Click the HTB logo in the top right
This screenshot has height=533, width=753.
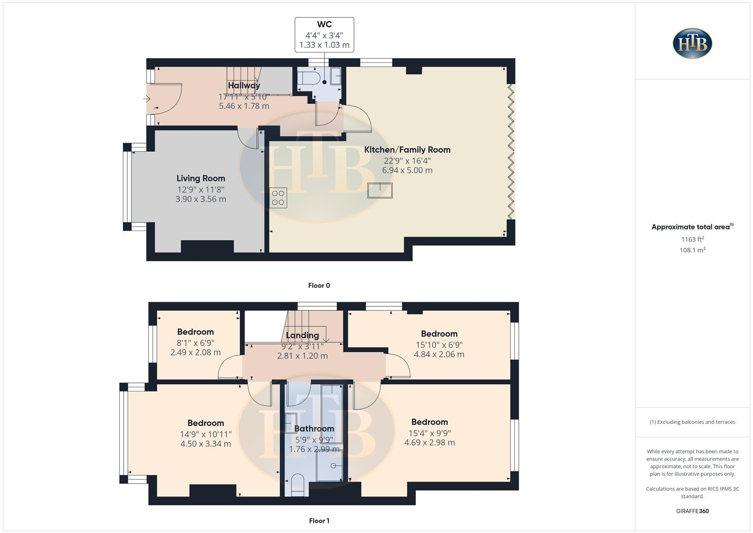[692, 43]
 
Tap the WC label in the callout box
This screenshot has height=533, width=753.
[324, 24]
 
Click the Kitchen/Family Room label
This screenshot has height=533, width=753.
[407, 150]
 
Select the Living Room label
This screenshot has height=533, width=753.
[201, 178]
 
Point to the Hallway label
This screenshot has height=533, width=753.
[244, 85]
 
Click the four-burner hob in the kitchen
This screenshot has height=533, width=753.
[278, 198]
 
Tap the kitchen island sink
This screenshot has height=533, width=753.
[380, 190]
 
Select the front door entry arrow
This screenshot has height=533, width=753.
[146, 99]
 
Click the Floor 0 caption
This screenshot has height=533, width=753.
[319, 285]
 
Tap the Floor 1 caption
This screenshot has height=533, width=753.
[319, 521]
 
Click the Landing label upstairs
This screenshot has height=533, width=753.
[302, 335]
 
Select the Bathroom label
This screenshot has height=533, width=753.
[314, 428]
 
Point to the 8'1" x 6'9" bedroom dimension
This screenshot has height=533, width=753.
[195, 343]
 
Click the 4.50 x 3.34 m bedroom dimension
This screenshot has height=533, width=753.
[206, 444]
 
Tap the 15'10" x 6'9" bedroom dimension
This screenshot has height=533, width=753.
[439, 344]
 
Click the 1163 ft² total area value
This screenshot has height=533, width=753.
[692, 239]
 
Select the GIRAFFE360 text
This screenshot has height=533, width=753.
[692, 511]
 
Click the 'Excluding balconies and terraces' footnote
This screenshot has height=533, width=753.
[692, 422]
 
